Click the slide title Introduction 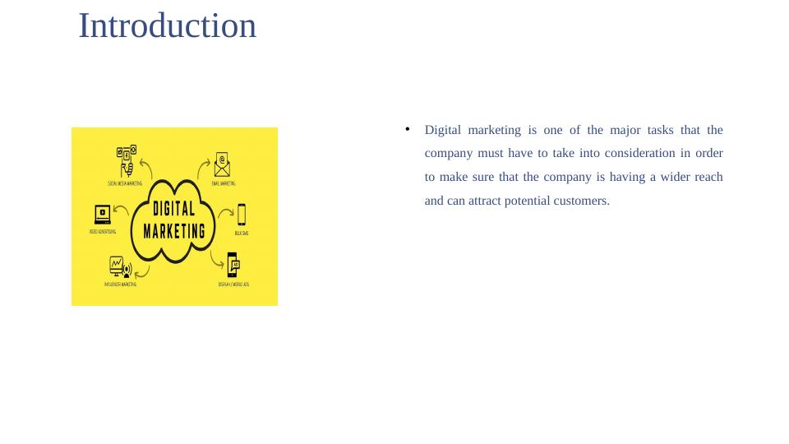tap(167, 26)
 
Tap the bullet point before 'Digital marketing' tap(407, 129)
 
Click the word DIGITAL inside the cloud tap(174, 209)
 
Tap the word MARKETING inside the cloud tap(174, 231)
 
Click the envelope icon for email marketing tap(222, 164)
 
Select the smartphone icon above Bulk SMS tap(242, 215)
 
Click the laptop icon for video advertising tap(103, 214)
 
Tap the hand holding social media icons tap(126, 160)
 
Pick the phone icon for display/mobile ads tap(233, 266)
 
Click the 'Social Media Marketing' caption tap(125, 183)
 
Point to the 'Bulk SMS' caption tap(242, 234)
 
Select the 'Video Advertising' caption tap(103, 232)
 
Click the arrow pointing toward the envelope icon tap(202, 169)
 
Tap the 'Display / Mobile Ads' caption tap(233, 284)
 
